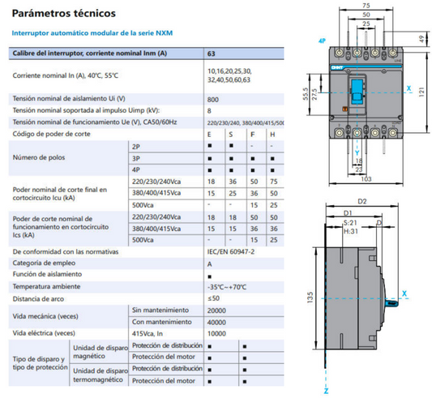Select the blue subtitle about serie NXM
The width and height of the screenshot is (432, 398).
[92, 33]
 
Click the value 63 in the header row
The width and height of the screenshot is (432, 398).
[212, 53]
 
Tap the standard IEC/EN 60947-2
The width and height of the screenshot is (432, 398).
[230, 252]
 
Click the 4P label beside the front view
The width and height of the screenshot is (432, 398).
[322, 39]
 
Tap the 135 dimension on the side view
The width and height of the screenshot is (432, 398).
[310, 297]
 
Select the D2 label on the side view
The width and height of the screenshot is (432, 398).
[361, 202]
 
